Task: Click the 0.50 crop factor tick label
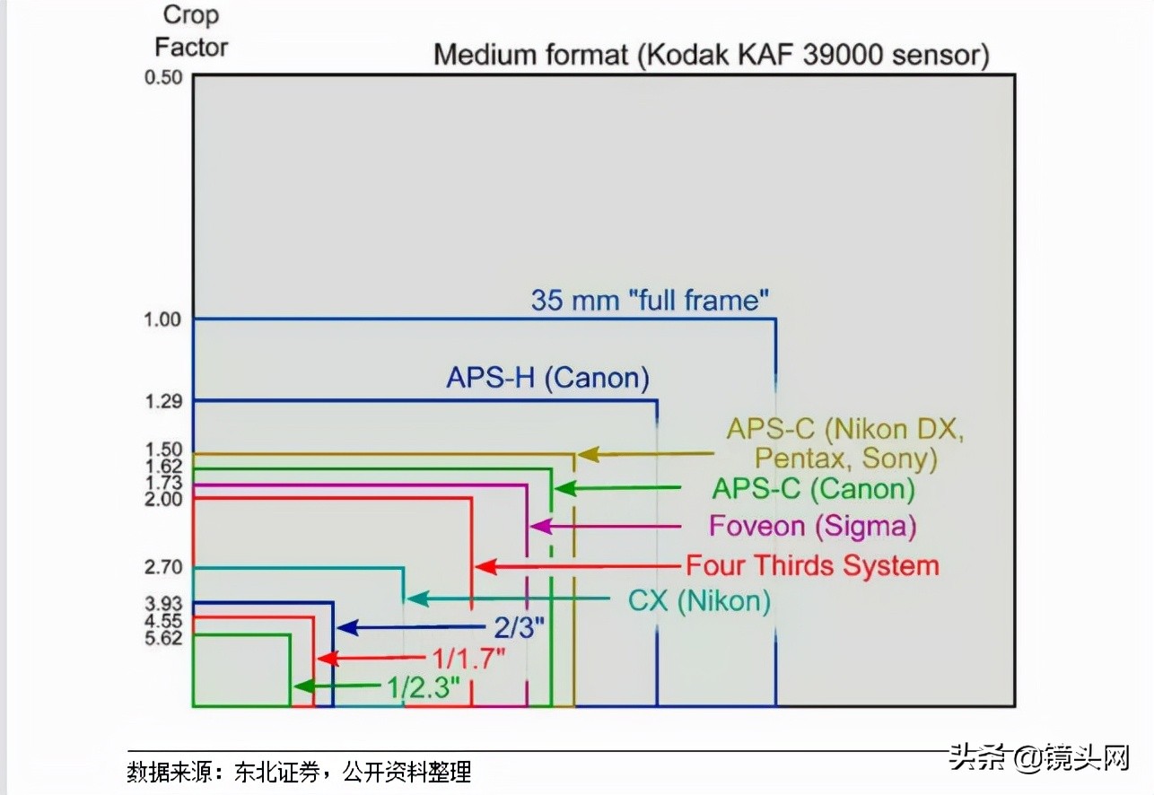click(x=162, y=77)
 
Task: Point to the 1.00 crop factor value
click(x=162, y=320)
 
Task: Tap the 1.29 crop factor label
click(x=162, y=401)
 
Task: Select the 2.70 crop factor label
click(x=162, y=568)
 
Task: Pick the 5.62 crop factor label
click(x=162, y=638)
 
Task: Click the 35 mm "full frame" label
click(x=651, y=300)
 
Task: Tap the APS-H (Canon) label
click(x=547, y=378)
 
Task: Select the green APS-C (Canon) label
click(x=813, y=489)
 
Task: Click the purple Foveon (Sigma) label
click(x=813, y=526)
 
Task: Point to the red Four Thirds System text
click(x=812, y=566)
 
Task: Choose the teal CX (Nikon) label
click(x=699, y=600)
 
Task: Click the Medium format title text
click(x=711, y=56)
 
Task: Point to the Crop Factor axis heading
click(x=191, y=31)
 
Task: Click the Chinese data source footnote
click(x=299, y=772)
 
